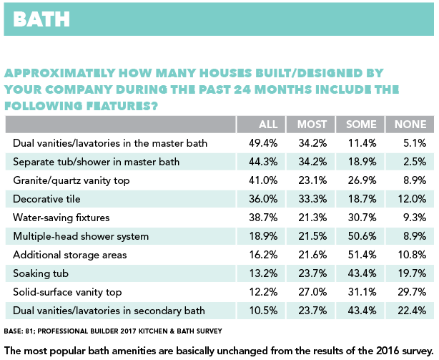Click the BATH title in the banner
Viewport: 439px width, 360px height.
tap(41, 19)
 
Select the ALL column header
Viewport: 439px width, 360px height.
tap(268, 125)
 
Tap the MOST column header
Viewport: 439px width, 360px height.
tap(312, 125)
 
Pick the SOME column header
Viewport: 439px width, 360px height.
tap(361, 125)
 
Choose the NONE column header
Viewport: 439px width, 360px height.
tap(410, 125)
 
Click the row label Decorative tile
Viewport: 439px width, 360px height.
tap(46, 199)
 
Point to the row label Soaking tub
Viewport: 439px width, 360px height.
tap(41, 273)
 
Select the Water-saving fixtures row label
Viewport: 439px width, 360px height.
tap(61, 218)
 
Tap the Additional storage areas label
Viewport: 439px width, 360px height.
tap(70, 255)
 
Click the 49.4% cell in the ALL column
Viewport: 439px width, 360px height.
tap(263, 143)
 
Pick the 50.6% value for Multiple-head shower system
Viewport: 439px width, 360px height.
tap(362, 236)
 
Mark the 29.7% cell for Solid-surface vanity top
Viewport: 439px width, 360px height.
tap(412, 292)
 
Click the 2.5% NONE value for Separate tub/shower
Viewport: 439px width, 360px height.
tap(415, 162)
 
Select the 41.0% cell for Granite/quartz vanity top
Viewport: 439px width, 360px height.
tap(263, 180)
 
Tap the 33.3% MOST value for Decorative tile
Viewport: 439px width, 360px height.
tap(312, 199)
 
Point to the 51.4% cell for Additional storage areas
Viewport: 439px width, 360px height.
tap(362, 255)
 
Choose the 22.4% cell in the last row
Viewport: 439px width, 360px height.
tap(412, 311)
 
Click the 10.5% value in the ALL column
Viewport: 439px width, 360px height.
tap(263, 311)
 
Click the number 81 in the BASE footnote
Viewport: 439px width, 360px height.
tap(29, 331)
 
